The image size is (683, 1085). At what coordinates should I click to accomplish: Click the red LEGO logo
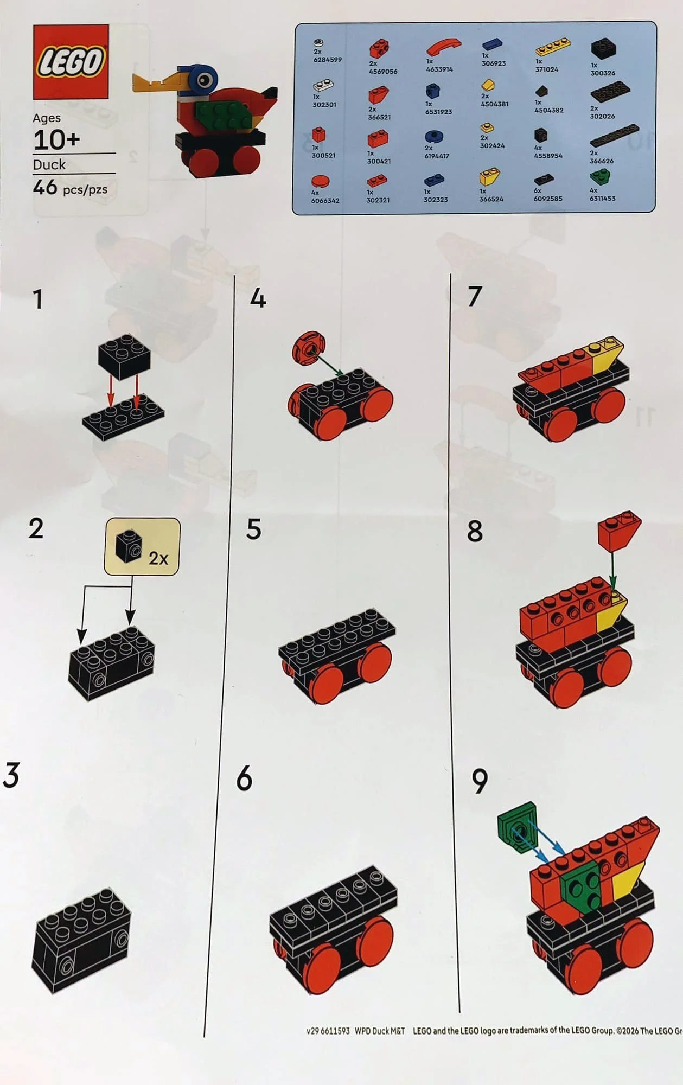click(71, 62)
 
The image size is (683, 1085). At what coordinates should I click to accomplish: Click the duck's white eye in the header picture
click(205, 81)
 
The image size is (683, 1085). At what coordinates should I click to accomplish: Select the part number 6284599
click(327, 60)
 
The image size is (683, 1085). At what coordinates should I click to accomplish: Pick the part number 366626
click(601, 161)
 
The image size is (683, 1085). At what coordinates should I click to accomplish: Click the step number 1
click(37, 299)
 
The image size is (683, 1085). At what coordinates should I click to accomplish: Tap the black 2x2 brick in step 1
click(124, 355)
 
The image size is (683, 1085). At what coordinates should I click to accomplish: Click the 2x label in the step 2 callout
click(158, 558)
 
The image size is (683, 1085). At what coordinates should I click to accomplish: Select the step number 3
click(11, 775)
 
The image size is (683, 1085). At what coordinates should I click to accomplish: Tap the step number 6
click(245, 778)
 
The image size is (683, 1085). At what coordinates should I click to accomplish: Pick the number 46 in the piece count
click(45, 188)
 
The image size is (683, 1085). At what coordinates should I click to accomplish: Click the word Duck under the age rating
click(49, 164)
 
